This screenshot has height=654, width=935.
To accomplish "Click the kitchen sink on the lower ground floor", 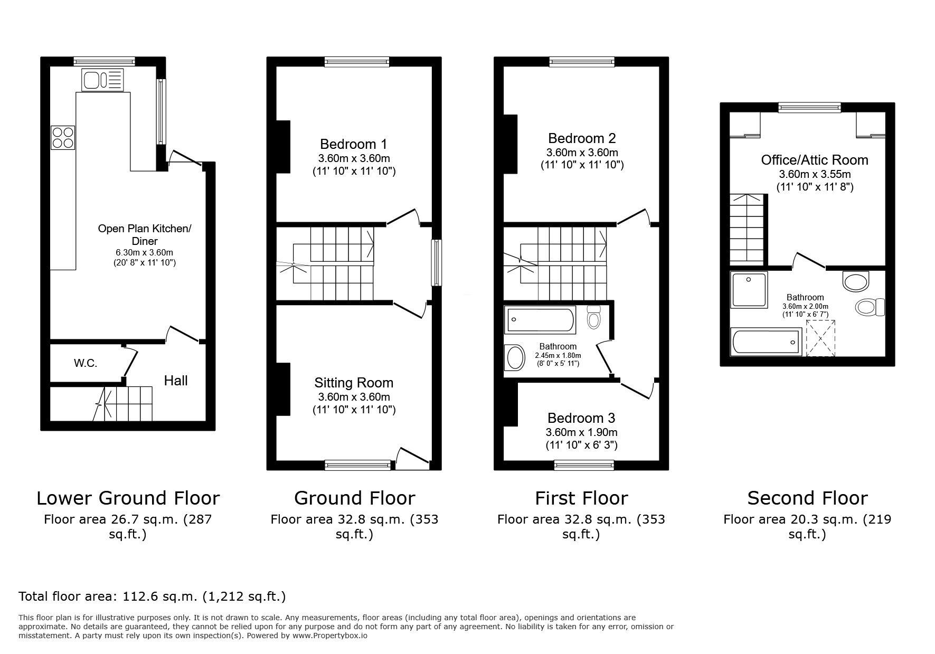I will click(102, 80).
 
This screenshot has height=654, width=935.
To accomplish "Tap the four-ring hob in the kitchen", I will click(63, 137).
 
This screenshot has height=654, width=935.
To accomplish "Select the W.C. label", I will click(85, 363).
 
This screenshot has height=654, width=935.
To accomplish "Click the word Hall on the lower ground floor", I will click(175, 381).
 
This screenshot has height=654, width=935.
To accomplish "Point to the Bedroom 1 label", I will click(353, 144).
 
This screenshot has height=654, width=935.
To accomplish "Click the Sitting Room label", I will click(353, 383).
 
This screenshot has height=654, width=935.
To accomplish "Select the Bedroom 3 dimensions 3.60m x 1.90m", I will click(581, 432).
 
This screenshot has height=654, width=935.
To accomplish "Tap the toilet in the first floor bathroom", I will click(594, 317).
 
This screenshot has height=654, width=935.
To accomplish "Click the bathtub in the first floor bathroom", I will click(540, 320).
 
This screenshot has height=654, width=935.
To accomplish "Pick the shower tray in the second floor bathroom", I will click(749, 289).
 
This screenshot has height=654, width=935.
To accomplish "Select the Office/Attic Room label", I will click(814, 160).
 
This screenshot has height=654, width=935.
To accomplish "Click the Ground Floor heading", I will click(354, 498).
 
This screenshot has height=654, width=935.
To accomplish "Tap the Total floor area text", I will click(152, 596).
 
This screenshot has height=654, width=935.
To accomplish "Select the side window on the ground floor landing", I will click(437, 263).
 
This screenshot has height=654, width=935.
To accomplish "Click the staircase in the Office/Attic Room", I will click(748, 229).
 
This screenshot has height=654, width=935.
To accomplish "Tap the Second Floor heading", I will click(807, 498).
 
